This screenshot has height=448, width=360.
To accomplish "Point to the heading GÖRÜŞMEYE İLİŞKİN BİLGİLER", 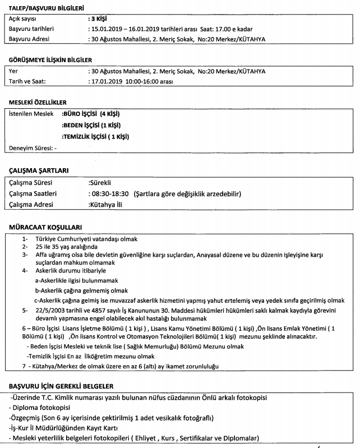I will pos(51,60).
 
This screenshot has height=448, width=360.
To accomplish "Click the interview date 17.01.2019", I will pos(108,82).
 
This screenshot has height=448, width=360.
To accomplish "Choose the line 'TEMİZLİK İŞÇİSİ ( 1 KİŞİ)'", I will pos(96,136).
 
